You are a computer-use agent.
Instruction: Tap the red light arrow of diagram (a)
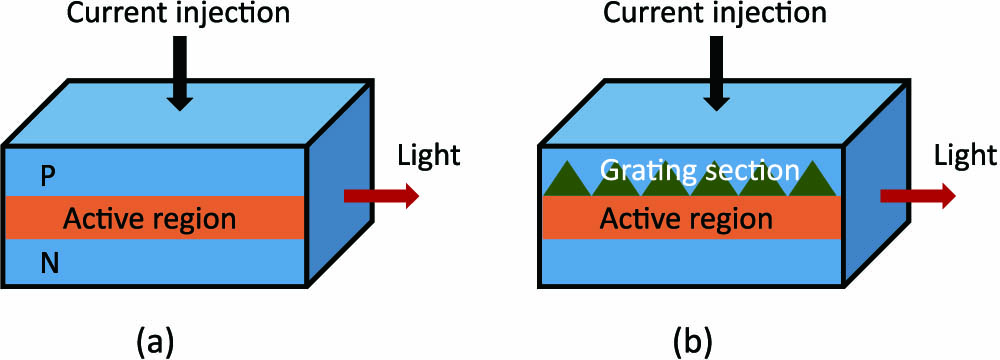click(381, 196)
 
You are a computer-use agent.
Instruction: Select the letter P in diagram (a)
click(47, 176)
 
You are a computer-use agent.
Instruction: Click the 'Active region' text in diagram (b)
click(686, 219)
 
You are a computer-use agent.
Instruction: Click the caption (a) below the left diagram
click(158, 342)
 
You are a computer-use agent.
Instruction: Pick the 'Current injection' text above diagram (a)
click(178, 15)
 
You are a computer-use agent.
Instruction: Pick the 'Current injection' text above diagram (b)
click(714, 15)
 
